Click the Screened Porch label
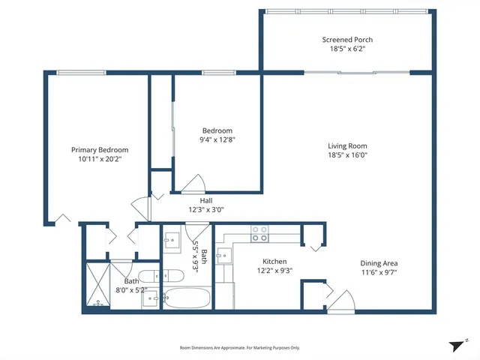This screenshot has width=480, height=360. [x=347, y=40]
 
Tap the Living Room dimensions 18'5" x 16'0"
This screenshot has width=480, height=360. [x=347, y=156]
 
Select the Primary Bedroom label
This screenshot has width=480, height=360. [x=100, y=150]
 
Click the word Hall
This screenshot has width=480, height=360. [x=205, y=200]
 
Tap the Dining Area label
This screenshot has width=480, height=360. [x=379, y=263]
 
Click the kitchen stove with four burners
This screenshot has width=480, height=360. [x=259, y=233]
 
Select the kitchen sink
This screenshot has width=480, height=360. [x=223, y=256]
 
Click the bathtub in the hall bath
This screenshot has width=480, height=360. [x=187, y=298]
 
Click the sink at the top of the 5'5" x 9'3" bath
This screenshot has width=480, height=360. [x=172, y=242]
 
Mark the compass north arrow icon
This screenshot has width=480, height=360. [x=457, y=346]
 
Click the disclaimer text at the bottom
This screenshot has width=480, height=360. [x=239, y=348]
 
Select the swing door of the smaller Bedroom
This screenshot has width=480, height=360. [x=193, y=184]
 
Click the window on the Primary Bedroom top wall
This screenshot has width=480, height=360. [x=82, y=73]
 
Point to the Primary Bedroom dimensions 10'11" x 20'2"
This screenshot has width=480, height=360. [x=100, y=159]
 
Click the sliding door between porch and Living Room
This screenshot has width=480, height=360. [x=346, y=73]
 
